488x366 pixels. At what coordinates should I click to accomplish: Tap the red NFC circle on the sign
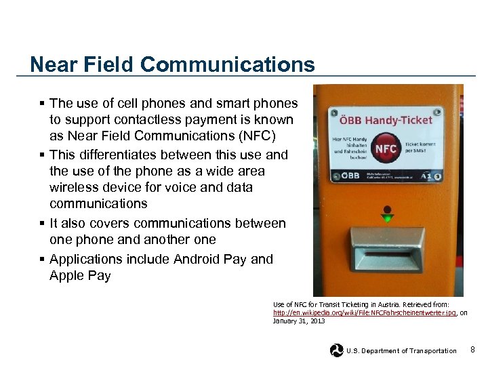(386, 149)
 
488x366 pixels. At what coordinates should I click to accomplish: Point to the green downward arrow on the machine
(387, 218)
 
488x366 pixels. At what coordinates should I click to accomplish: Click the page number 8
(472, 350)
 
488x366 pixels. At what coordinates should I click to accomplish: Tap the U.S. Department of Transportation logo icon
(336, 350)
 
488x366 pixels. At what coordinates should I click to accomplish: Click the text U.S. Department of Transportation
(401, 351)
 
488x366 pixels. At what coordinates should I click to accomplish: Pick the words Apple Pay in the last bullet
(79, 276)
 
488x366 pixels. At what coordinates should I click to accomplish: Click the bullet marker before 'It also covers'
(42, 224)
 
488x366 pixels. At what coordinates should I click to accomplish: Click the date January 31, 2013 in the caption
(298, 321)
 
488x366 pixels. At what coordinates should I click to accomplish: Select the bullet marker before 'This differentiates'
(42, 155)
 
